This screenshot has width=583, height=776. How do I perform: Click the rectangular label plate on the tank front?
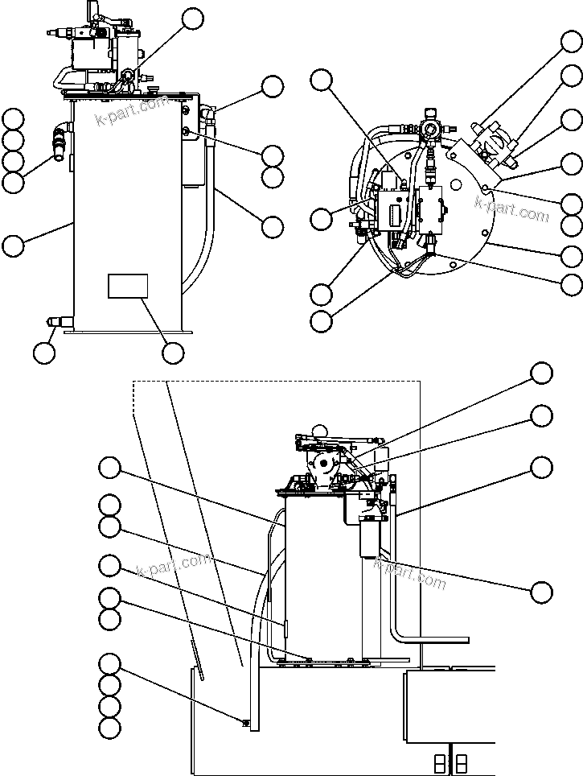point(128,286)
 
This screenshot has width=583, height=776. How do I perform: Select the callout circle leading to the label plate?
point(172,352)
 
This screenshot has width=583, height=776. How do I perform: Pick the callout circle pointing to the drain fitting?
point(44,352)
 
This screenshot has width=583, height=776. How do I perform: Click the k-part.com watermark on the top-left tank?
point(133,112)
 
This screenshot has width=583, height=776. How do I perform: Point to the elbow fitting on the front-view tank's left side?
point(60,142)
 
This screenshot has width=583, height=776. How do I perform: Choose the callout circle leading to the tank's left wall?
point(13,245)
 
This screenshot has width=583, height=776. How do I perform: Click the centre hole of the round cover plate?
point(456,185)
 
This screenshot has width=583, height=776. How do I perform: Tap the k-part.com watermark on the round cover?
point(511,209)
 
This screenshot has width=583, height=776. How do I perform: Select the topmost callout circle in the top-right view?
point(572,41)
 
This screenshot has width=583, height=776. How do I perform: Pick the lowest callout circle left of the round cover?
point(321,320)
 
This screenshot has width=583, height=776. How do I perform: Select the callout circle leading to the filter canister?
point(542,592)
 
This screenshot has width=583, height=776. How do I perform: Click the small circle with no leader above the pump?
point(321,431)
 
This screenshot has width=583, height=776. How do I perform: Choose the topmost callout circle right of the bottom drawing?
point(542,373)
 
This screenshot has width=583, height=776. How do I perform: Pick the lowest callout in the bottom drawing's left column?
point(109,728)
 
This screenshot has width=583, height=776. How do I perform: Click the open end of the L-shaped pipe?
point(466,641)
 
